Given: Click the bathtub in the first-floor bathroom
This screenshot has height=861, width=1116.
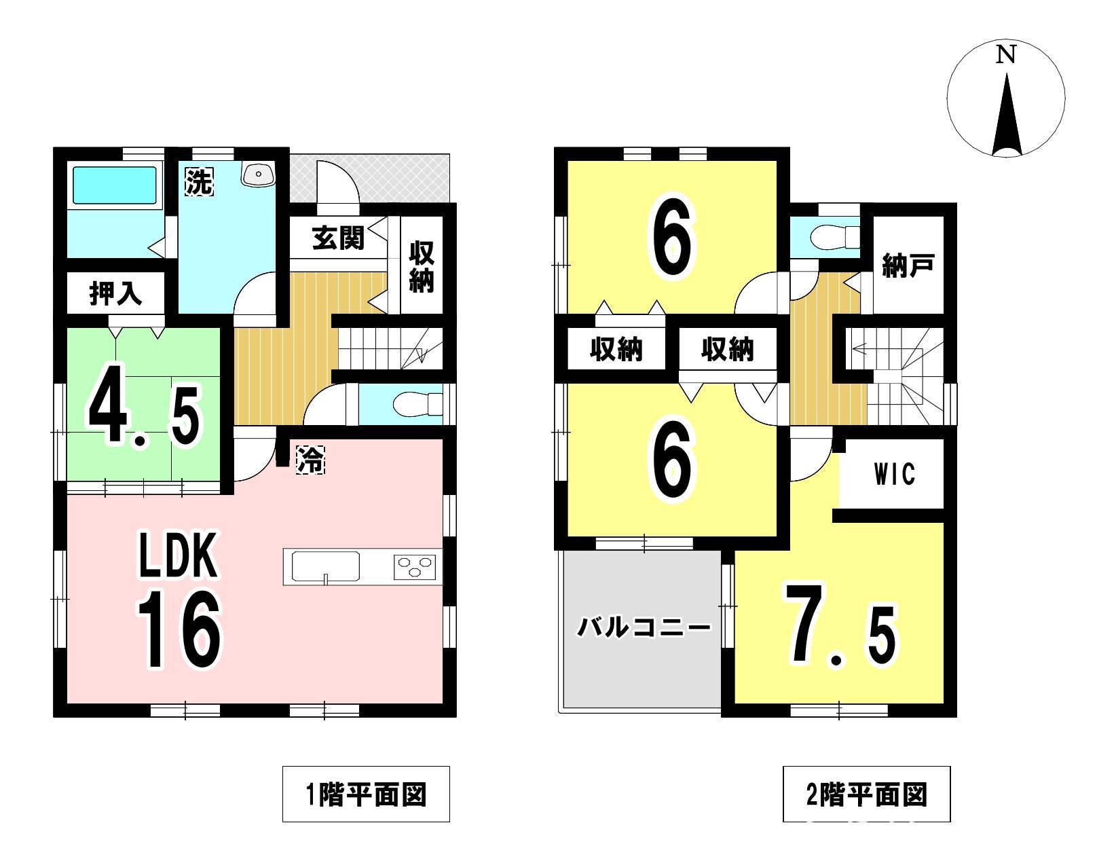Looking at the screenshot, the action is (x=115, y=185).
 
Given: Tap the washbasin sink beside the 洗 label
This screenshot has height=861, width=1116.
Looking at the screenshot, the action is (x=258, y=173).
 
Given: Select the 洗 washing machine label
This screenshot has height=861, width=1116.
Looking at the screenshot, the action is (x=199, y=182).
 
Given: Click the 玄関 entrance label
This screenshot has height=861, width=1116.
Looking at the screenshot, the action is (x=338, y=238).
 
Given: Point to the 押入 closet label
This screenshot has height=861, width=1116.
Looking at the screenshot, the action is (x=115, y=293).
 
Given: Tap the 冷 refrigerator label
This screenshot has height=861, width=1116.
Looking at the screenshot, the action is (x=311, y=459).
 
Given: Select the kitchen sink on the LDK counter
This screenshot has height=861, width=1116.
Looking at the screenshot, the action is (x=326, y=567).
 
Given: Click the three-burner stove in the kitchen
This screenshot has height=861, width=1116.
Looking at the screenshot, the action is (x=415, y=567).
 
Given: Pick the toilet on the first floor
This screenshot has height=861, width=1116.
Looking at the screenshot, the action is (x=417, y=404).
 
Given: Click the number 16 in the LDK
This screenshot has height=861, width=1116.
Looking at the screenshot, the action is (x=179, y=629).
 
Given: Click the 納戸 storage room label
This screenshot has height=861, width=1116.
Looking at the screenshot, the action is (x=908, y=265).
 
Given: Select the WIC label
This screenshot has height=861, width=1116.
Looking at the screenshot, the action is (x=894, y=474).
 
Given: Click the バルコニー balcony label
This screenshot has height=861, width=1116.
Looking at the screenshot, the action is (x=644, y=627).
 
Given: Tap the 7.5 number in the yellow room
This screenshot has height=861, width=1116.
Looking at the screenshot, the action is (x=840, y=625).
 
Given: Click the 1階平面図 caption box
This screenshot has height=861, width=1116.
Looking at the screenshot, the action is (x=366, y=794).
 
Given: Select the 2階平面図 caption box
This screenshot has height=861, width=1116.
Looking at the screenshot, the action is (x=866, y=794).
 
